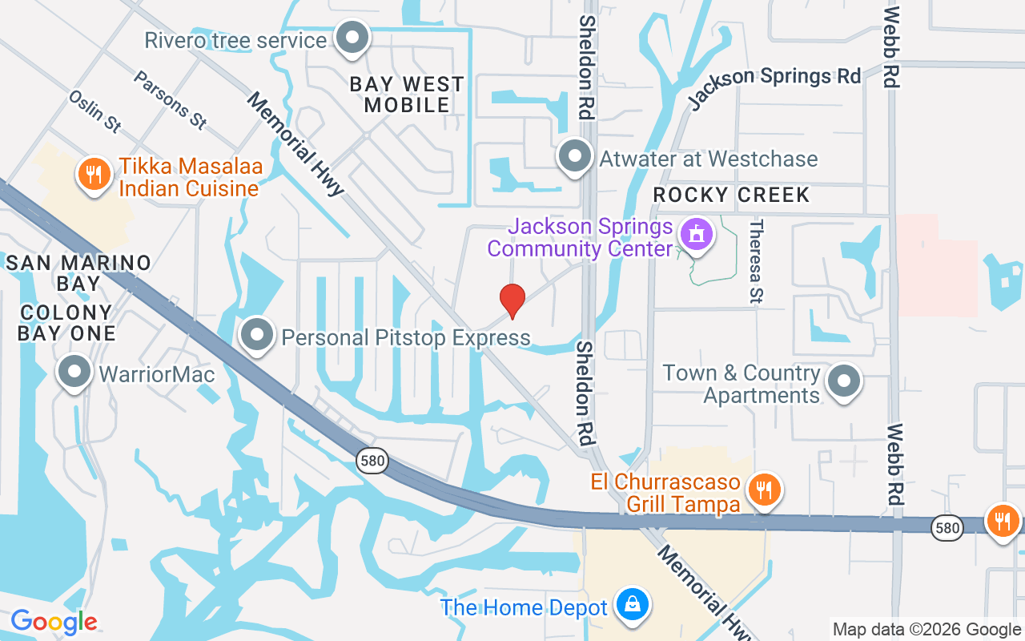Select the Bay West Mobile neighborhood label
[x=407, y=95]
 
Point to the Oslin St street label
[x=95, y=111]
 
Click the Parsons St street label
[x=170, y=100]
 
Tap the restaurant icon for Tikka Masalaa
[x=94, y=172]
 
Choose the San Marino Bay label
[x=78, y=272]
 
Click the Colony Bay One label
[x=67, y=322]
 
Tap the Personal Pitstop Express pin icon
[x=257, y=336]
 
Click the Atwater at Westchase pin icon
[x=574, y=156]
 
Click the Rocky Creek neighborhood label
[x=731, y=195]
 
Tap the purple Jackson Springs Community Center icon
[x=695, y=235]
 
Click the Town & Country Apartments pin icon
[x=843, y=382]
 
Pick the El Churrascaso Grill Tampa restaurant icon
[x=764, y=488]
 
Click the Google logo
[x=54, y=621]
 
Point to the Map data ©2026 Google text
[x=927, y=630]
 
